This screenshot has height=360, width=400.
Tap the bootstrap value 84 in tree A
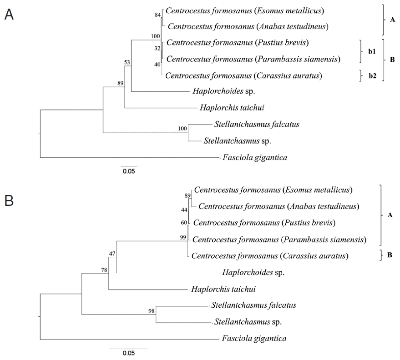click(158, 15)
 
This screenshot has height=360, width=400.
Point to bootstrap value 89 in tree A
click(120, 83)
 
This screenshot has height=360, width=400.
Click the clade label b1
click(365, 51)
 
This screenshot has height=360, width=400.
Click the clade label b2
click(365, 76)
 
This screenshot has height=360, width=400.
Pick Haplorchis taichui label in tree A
click(225, 108)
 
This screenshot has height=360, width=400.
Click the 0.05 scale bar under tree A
click(129, 171)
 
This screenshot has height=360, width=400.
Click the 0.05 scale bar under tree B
click(128, 353)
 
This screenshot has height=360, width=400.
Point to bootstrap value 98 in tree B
click(152, 311)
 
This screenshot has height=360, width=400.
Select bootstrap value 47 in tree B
click(112, 253)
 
